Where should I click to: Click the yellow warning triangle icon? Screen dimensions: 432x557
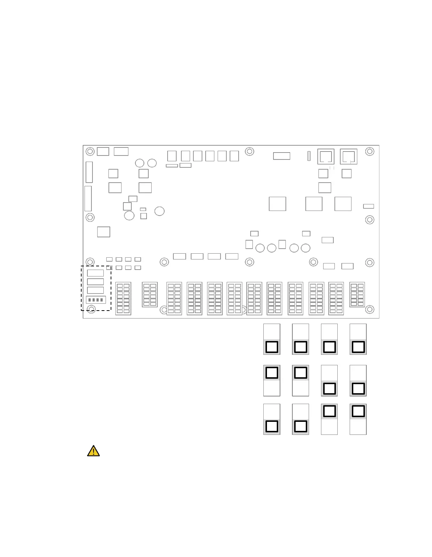pyautogui.click(x=93, y=451)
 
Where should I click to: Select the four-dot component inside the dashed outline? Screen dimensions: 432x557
pyautogui.click(x=96, y=300)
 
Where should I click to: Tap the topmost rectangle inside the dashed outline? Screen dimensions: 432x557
pyautogui.click(x=95, y=273)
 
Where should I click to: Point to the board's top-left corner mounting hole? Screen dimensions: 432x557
pyautogui.click(x=90, y=151)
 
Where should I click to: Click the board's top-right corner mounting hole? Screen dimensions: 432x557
pyautogui.click(x=370, y=151)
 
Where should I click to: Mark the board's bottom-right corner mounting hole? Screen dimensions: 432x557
pyautogui.click(x=370, y=309)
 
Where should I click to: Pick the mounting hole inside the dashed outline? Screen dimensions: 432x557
pyautogui.click(x=91, y=309)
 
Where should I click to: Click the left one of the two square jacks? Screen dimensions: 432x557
pyautogui.click(x=326, y=157)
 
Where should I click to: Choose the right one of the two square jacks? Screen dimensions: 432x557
pyautogui.click(x=349, y=157)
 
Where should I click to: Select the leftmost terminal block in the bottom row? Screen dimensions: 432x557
pyautogui.click(x=123, y=298)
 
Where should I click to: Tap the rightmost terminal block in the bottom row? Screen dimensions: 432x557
pyautogui.click(x=357, y=295)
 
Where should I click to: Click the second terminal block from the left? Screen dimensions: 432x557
pyautogui.click(x=149, y=295)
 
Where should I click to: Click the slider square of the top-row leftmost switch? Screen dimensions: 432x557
pyautogui.click(x=272, y=347)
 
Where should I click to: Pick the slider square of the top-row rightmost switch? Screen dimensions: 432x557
pyautogui.click(x=358, y=347)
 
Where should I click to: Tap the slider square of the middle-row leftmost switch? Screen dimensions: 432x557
pyautogui.click(x=272, y=373)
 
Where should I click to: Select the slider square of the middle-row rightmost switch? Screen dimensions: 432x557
pyautogui.click(x=358, y=388)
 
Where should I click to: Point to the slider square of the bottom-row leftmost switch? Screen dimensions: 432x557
pyautogui.click(x=272, y=426)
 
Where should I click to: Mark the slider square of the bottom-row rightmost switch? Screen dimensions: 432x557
pyautogui.click(x=358, y=411)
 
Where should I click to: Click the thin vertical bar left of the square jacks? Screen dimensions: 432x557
pyautogui.click(x=309, y=156)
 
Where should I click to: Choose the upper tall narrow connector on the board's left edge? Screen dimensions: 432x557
pyautogui.click(x=89, y=172)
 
